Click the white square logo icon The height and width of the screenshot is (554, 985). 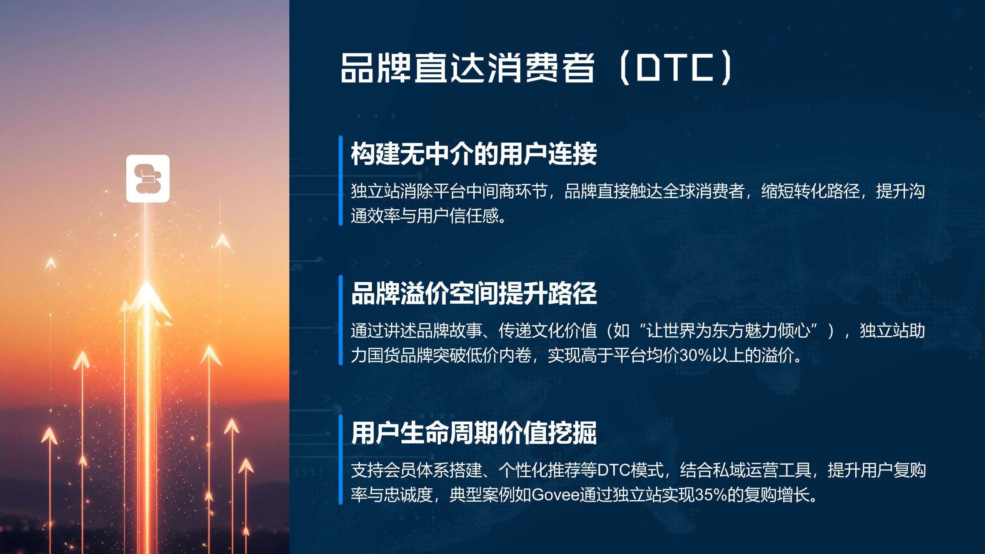click(x=148, y=179)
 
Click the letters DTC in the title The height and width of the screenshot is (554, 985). click(x=675, y=68)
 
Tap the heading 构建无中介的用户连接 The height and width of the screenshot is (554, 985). click(x=474, y=154)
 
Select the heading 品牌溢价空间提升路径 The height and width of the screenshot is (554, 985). click(x=474, y=294)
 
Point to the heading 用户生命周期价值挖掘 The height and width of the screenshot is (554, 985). click(x=474, y=433)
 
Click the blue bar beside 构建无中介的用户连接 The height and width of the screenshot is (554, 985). click(x=341, y=180)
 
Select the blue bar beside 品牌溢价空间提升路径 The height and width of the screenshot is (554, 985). click(x=341, y=320)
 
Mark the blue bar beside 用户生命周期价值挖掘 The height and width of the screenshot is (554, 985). click(x=341, y=460)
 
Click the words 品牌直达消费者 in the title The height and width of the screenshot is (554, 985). click(x=467, y=68)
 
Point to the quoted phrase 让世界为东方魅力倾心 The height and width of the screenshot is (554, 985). click(x=728, y=330)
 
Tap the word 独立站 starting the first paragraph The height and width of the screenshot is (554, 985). click(x=375, y=191)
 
